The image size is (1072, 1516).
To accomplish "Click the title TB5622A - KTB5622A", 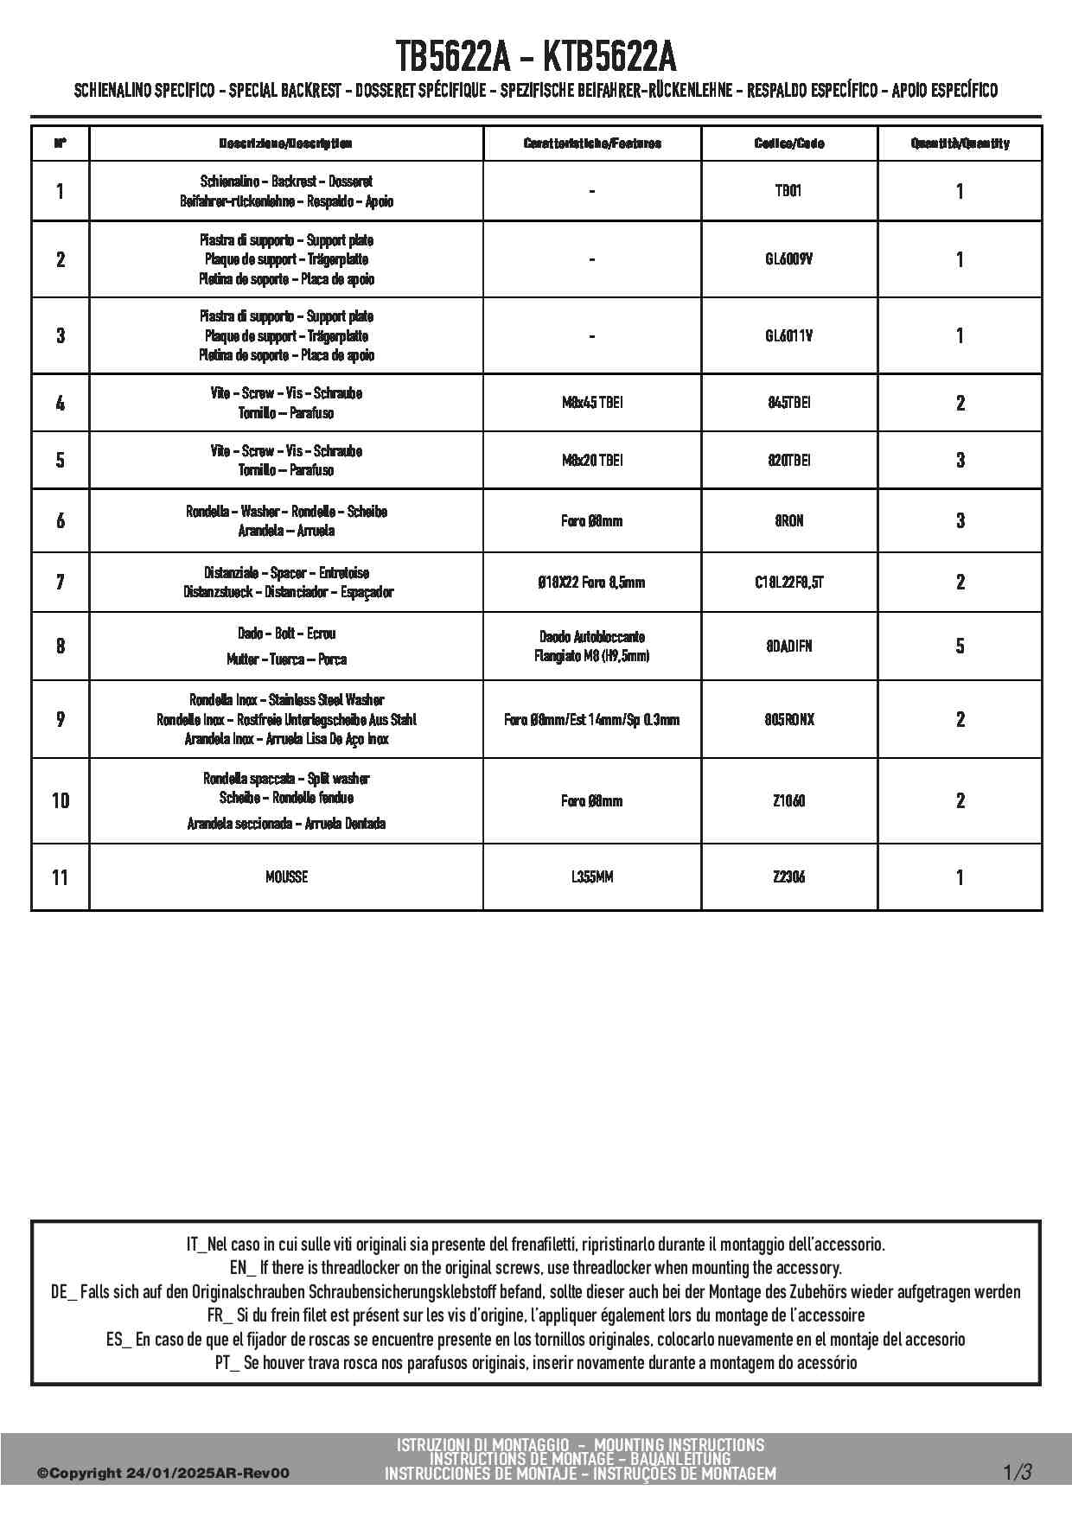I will [x=536, y=57].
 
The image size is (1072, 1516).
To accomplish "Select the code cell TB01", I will [x=788, y=191].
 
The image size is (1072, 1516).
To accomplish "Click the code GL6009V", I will [x=788, y=259].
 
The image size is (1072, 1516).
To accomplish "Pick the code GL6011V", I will [x=788, y=335].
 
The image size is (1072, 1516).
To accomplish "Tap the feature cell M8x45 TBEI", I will [x=591, y=403].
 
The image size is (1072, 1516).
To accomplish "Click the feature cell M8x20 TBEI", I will [x=591, y=460].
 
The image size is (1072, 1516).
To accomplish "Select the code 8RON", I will [x=788, y=520].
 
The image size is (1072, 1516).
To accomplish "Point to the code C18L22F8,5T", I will [x=788, y=582].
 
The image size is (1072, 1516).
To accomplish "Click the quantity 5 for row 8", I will [x=960, y=646].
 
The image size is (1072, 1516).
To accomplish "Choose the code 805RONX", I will [x=788, y=719].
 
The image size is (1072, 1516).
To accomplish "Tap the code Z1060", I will [x=788, y=800].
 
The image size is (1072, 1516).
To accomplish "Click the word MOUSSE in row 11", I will [x=286, y=876].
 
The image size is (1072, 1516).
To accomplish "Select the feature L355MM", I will [x=591, y=876].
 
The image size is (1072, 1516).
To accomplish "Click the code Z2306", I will [x=788, y=876].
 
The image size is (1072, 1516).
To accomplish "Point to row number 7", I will [x=60, y=582].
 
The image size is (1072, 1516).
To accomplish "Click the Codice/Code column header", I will [x=788, y=143].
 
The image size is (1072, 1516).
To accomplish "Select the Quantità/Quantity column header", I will [x=960, y=143].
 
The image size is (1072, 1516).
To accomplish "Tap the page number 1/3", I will [x=1018, y=1471].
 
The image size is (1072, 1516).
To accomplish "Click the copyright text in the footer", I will [x=163, y=1473].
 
